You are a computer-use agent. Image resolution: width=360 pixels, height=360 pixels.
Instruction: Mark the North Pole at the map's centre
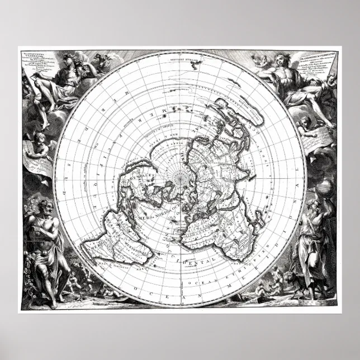click(180, 180)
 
